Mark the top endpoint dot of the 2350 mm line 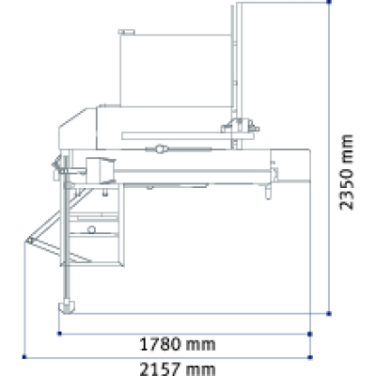pos(330,3)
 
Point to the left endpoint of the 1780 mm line pos(60,333)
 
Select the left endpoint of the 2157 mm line pos(25,355)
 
